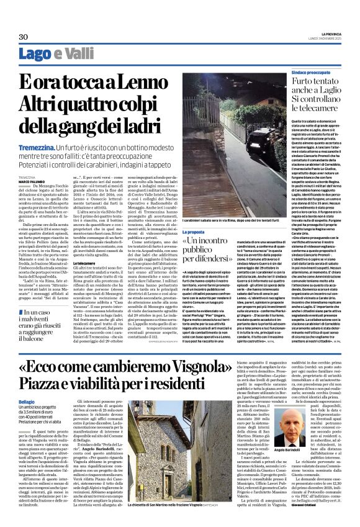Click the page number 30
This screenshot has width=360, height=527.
click(x=24, y=36)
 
